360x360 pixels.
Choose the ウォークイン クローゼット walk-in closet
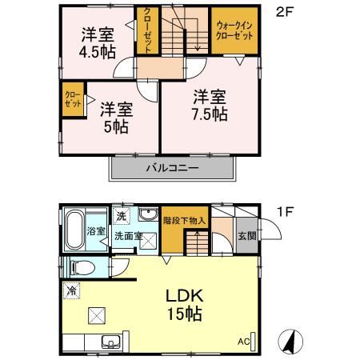[235, 30]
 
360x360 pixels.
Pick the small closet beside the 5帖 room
[71, 101]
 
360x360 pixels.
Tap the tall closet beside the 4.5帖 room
[148, 30]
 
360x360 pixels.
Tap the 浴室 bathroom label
[94, 232]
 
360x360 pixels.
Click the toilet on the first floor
[79, 267]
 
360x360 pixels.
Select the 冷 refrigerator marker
[73, 290]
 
